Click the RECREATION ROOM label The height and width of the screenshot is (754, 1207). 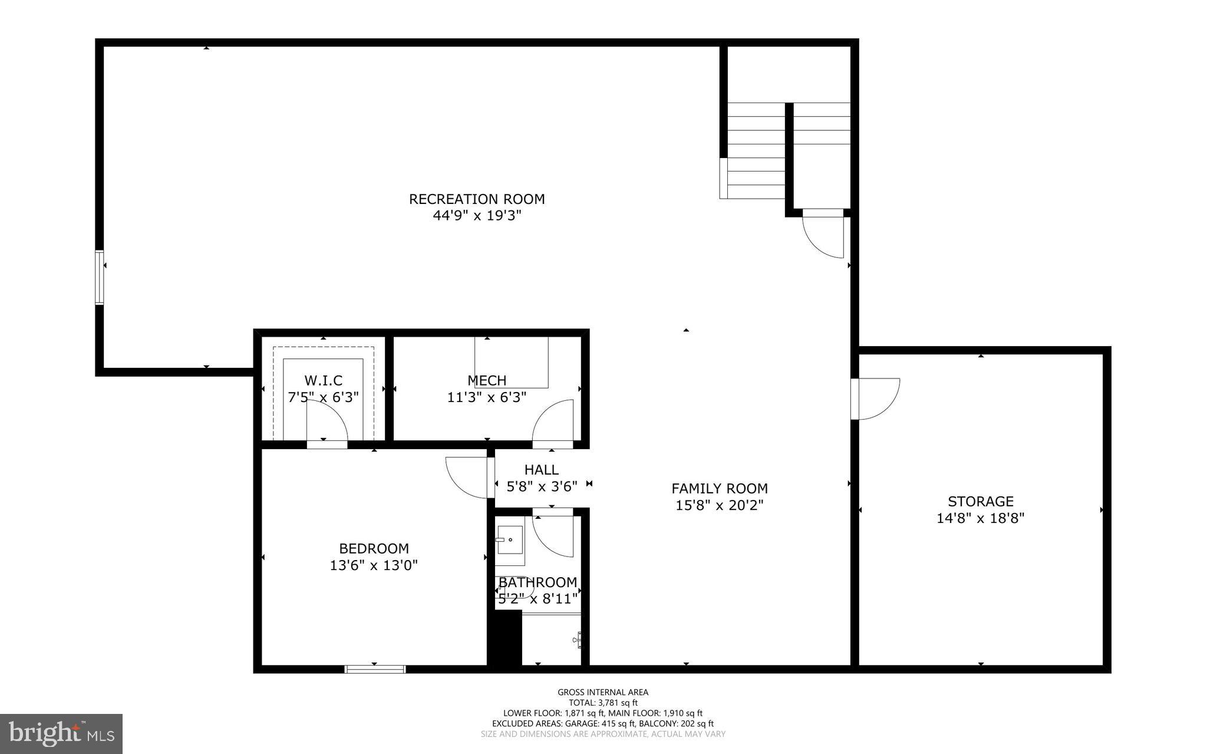[x=477, y=199]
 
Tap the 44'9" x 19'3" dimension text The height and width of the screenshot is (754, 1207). [x=477, y=216]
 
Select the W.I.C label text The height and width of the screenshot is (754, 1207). [x=323, y=381]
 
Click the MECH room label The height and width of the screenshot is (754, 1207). [x=487, y=381]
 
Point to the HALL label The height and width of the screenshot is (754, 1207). [x=541, y=470]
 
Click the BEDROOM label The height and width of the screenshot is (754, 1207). [x=374, y=549]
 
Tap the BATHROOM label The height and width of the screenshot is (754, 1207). [x=537, y=582]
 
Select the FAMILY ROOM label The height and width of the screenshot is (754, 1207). [x=720, y=489]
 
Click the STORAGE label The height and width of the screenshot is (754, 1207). [x=981, y=502]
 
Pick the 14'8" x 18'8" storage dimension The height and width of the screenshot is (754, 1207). [x=981, y=519]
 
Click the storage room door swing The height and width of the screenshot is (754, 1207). [x=877, y=399]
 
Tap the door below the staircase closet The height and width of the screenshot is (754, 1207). [x=824, y=236]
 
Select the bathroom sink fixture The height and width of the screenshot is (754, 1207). [x=509, y=540]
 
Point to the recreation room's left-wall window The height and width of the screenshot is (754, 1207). [x=100, y=278]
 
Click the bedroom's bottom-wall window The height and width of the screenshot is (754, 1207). [x=375, y=669]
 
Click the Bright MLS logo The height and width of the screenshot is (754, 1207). [x=61, y=733]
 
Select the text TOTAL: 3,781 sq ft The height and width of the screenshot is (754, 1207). [x=603, y=703]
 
